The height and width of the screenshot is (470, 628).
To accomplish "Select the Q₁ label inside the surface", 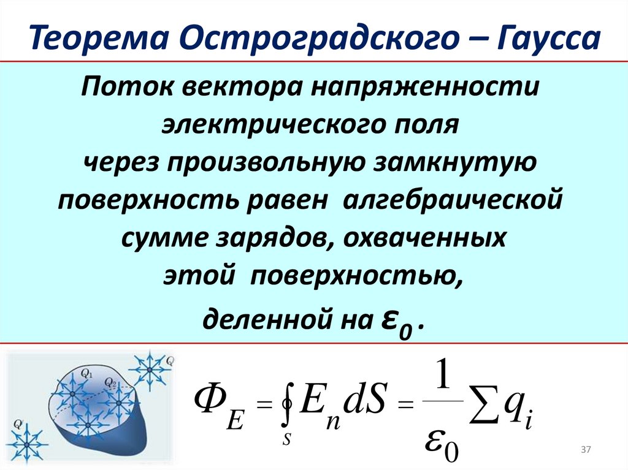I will coord(86,371).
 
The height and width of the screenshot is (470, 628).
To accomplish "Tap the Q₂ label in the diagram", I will coord(110,382).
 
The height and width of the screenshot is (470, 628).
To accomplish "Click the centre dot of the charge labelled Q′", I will coord(27,440).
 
